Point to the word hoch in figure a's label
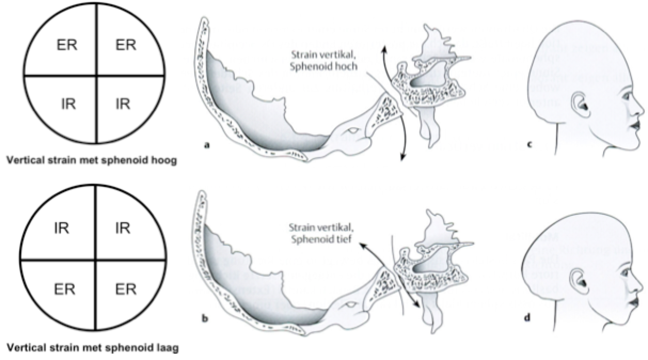[x=346, y=66]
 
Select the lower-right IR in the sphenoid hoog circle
[x=122, y=103]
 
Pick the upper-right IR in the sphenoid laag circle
[x=122, y=229]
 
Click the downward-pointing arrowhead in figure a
[x=402, y=155]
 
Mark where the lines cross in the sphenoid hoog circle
[x=97, y=75]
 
